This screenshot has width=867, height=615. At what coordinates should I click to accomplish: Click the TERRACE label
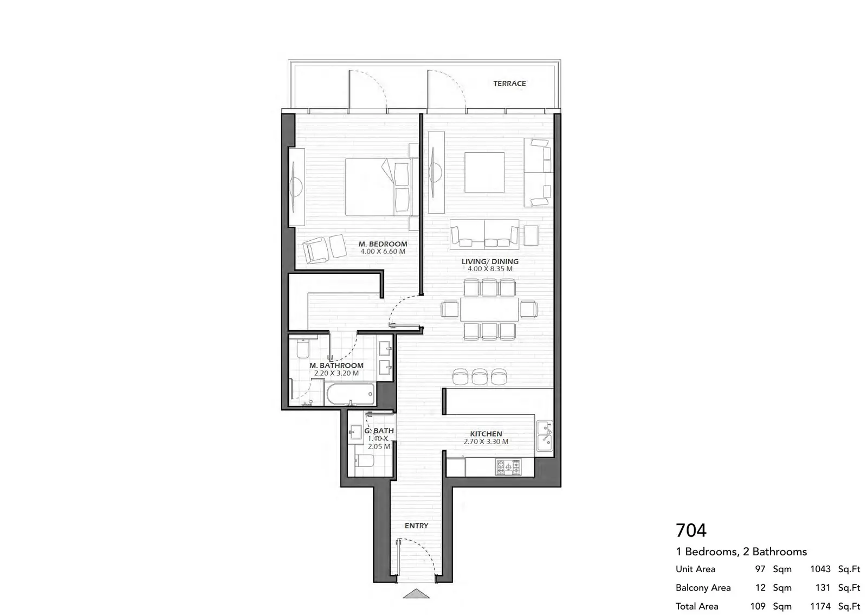(509, 84)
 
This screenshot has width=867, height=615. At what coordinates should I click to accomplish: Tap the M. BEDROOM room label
(383, 244)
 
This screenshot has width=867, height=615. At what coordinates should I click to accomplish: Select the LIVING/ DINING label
(490, 261)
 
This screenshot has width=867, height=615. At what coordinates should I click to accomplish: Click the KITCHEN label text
(486, 434)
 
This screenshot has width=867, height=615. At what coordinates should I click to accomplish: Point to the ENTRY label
(417, 526)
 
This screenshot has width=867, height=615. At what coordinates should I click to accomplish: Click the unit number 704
(691, 530)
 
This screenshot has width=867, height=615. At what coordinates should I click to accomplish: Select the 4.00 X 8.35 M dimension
(490, 269)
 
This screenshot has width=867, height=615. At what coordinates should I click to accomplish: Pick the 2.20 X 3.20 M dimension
(337, 373)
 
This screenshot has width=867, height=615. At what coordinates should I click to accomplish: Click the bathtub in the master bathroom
(351, 394)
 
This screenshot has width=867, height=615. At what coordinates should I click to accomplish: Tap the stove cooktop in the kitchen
(509, 466)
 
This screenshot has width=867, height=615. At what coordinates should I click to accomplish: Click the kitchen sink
(545, 436)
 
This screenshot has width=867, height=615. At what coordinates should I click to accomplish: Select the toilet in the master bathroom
(303, 349)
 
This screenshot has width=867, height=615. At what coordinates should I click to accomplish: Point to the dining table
(489, 309)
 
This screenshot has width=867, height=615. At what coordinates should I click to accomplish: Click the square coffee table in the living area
(484, 172)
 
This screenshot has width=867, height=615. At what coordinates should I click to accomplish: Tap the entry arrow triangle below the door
(416, 594)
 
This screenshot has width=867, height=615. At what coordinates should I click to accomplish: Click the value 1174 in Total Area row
(820, 606)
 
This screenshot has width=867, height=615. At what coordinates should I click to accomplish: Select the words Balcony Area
(703, 587)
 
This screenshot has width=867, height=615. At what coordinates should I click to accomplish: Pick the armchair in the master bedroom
(316, 250)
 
